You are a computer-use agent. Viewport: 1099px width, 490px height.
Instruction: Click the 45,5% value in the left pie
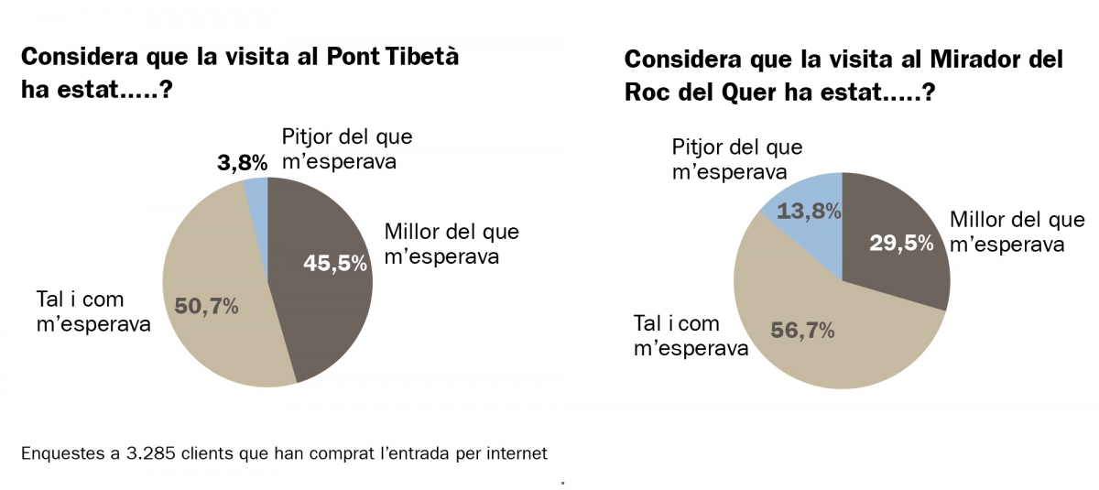(335, 264)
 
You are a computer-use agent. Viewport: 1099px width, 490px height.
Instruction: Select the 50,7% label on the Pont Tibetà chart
(206, 306)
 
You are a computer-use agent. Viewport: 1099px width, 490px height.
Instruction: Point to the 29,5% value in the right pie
(901, 243)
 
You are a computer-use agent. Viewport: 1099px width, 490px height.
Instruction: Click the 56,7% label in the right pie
(802, 330)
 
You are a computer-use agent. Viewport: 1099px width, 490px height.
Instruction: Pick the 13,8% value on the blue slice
(809, 212)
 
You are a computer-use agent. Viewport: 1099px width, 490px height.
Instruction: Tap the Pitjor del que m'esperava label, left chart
(347, 149)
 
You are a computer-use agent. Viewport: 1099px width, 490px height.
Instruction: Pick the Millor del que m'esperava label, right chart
(1017, 232)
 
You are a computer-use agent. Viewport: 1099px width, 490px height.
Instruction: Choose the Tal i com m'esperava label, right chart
(690, 335)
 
